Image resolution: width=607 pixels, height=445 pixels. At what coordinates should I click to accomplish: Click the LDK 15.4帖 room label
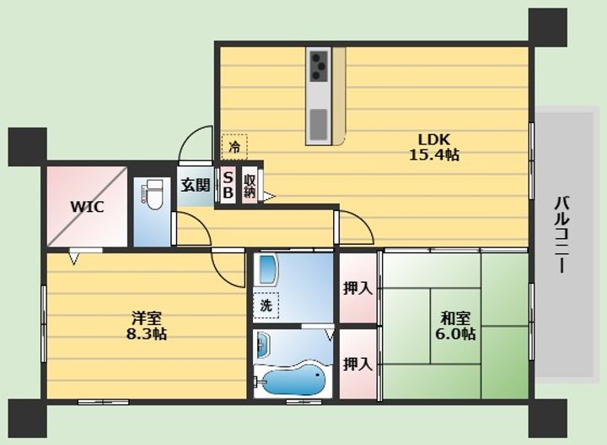tap(434, 147)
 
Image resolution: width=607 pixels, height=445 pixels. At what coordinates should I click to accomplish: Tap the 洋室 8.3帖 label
tap(147, 326)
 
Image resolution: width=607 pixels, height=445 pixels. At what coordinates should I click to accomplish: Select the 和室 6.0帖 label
tap(455, 326)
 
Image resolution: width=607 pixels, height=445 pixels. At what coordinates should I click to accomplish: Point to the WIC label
tap(87, 207)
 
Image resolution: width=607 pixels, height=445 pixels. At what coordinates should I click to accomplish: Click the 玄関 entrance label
tap(196, 185)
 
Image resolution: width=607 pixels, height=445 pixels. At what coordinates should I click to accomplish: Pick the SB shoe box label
tap(228, 185)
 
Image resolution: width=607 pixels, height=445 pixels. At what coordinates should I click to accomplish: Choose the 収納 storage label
tap(250, 185)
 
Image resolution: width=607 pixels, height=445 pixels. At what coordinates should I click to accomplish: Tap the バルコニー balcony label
tap(561, 235)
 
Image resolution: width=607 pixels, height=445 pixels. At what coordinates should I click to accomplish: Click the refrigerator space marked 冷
tap(234, 147)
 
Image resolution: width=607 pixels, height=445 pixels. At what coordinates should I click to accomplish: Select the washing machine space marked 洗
tap(266, 306)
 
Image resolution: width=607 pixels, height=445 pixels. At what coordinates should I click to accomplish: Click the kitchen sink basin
tap(319, 125)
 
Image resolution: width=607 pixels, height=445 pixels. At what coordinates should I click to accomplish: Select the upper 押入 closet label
tap(357, 289)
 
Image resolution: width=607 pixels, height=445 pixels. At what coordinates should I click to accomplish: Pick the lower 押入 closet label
tap(357, 364)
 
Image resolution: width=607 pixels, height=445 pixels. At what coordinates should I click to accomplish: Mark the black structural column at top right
tap(548, 27)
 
